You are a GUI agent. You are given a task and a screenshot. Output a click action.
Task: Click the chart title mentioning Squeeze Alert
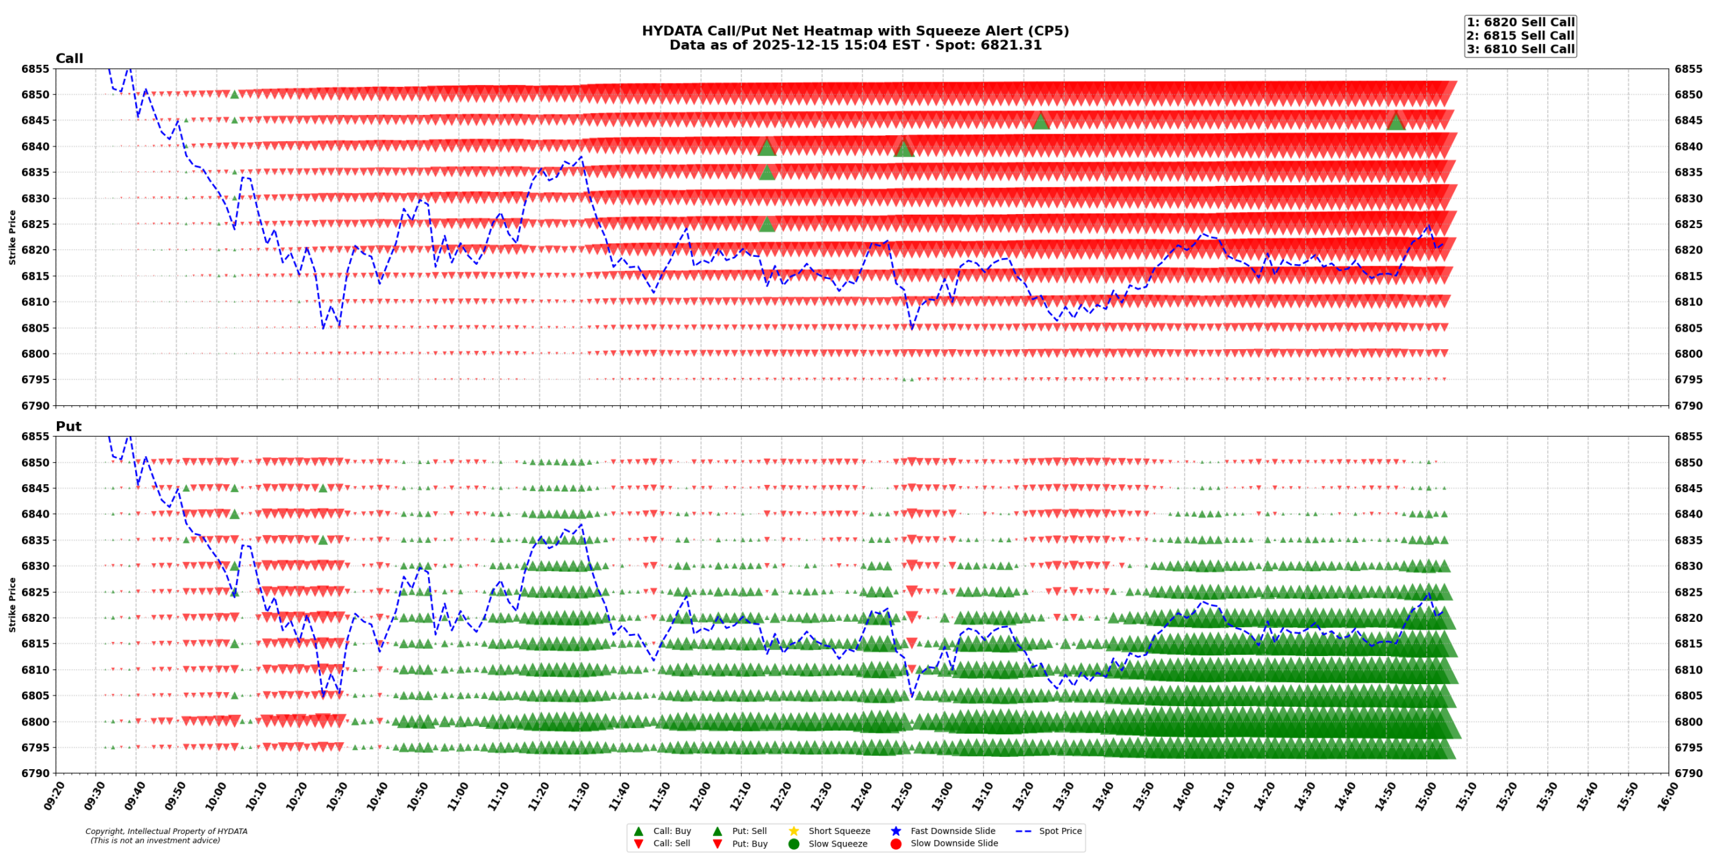pyautogui.click(x=855, y=31)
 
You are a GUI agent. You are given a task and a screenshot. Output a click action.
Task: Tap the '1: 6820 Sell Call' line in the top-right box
pyautogui.click(x=1520, y=22)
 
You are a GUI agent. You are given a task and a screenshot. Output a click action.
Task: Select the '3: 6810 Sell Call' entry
pyautogui.click(x=1520, y=49)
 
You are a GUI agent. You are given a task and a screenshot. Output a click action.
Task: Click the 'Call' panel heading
pyautogui.click(x=69, y=58)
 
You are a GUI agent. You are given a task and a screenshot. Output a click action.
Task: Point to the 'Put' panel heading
pyautogui.click(x=68, y=426)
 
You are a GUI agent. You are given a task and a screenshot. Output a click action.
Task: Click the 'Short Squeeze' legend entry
pyautogui.click(x=839, y=831)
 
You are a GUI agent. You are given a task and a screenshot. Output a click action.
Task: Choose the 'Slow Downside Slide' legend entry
pyautogui.click(x=954, y=843)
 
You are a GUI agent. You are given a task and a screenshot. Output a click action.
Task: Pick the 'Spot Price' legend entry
pyautogui.click(x=1059, y=831)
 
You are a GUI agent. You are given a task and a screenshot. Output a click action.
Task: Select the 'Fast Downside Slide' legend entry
pyautogui.click(x=952, y=831)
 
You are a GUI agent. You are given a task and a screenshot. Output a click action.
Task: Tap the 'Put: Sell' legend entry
pyautogui.click(x=749, y=831)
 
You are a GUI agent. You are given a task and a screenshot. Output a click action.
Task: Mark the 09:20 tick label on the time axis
pyautogui.click(x=53, y=796)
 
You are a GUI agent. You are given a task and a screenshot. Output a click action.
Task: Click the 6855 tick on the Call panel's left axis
pyautogui.click(x=35, y=69)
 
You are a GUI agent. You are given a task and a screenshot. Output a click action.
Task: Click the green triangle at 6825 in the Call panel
pyautogui.click(x=767, y=224)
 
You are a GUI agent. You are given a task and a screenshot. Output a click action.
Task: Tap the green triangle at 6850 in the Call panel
pyautogui.click(x=235, y=94)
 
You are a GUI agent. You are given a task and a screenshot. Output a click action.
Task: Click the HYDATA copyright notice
pyautogui.click(x=166, y=831)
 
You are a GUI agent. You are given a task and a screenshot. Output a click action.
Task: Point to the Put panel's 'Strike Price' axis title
pyautogui.click(x=12, y=605)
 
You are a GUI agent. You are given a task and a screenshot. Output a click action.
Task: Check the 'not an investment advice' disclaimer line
pyautogui.click(x=155, y=841)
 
